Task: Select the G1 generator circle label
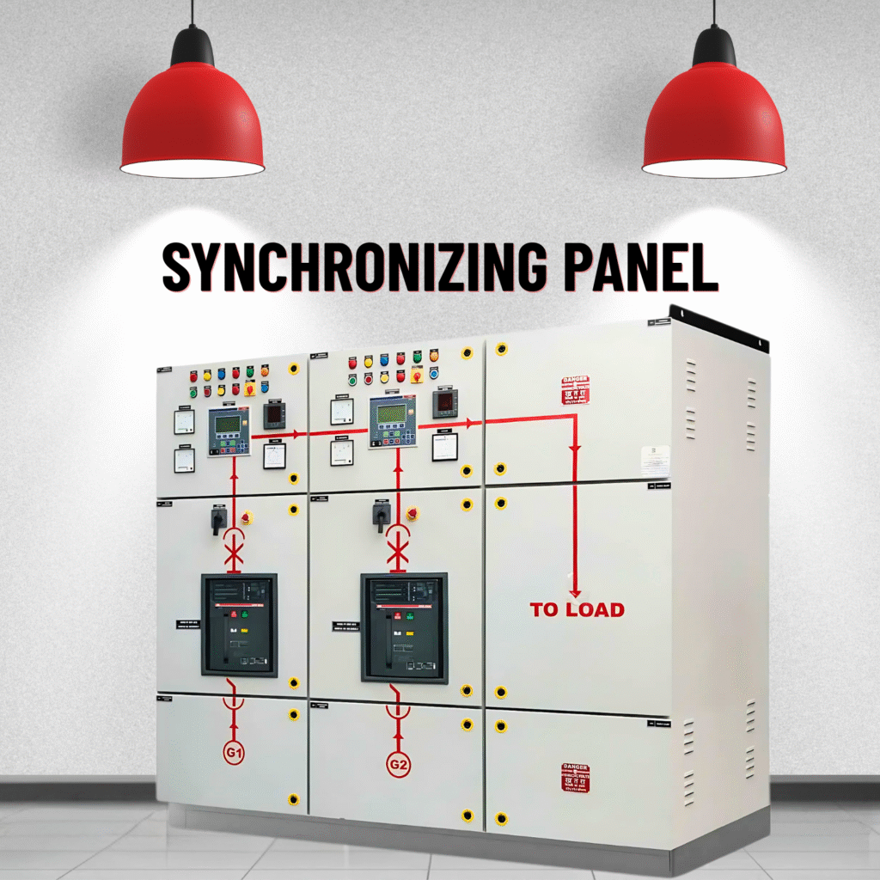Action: pyautogui.click(x=235, y=754)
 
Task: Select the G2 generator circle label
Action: pyautogui.click(x=397, y=763)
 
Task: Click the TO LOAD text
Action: pyautogui.click(x=577, y=610)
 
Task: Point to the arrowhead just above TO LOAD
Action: pyautogui.click(x=575, y=591)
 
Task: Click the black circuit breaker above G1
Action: pyautogui.click(x=240, y=625)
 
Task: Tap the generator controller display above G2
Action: pyautogui.click(x=391, y=420)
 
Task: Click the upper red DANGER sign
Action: pyautogui.click(x=575, y=390)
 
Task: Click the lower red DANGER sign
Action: pyautogui.click(x=575, y=777)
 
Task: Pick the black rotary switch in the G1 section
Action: pyautogui.click(x=219, y=518)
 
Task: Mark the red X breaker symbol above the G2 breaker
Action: pyautogui.click(x=397, y=550)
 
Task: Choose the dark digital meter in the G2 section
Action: pyautogui.click(x=445, y=401)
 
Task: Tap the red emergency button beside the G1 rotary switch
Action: pyautogui.click(x=247, y=517)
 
